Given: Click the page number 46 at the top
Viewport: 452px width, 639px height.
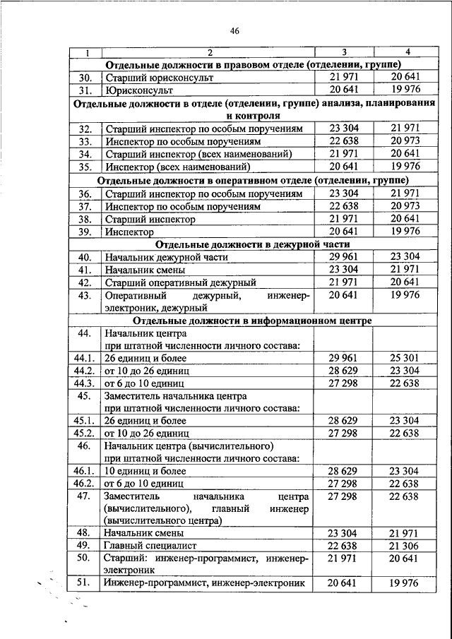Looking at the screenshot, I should click(235, 30).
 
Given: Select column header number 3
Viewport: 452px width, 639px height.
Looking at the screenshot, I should click(344, 52).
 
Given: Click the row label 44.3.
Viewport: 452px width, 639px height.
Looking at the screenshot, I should click(84, 382).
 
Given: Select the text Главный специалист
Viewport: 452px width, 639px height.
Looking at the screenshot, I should click(148, 545).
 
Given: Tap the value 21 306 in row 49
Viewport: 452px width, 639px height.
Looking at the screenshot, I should click(404, 545).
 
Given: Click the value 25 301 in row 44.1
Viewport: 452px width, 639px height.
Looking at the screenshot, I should click(404, 357).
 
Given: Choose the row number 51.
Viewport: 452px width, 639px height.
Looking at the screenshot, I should click(85, 583).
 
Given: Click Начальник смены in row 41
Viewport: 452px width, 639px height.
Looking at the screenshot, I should click(145, 270).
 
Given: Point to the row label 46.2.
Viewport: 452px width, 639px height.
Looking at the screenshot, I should click(84, 484).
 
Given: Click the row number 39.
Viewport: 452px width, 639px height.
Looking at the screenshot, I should click(85, 232).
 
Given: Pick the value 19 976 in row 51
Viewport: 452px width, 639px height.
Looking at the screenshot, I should click(404, 583).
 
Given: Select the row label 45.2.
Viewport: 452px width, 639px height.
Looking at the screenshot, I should click(84, 433).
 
